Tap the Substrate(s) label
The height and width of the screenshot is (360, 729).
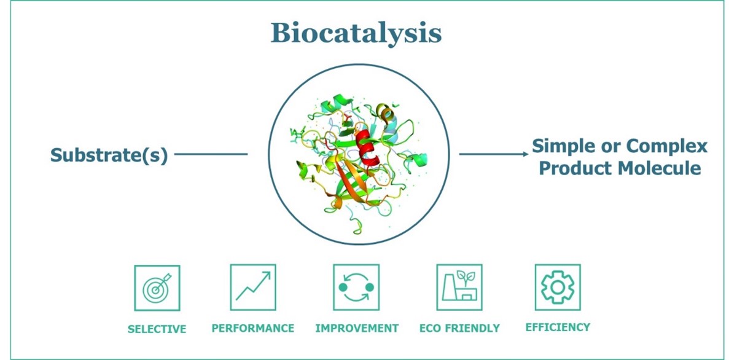tap(109, 155)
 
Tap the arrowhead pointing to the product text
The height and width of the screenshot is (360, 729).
tap(526, 154)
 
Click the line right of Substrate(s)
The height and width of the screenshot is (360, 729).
tap(211, 154)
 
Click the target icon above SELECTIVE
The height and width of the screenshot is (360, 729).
tap(157, 288)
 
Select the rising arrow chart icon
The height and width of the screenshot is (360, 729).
tap(253, 287)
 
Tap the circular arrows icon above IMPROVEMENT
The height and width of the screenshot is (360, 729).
tap(356, 287)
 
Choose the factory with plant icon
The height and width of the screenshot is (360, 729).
tap(459, 287)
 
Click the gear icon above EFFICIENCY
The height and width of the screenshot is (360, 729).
tap(558, 287)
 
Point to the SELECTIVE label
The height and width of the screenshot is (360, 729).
tap(157, 329)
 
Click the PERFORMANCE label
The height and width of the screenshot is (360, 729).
tap(253, 329)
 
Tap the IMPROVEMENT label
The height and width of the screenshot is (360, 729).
tap(357, 329)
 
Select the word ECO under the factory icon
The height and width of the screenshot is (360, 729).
tap(431, 329)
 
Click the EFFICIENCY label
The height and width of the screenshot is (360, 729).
tap(558, 327)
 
